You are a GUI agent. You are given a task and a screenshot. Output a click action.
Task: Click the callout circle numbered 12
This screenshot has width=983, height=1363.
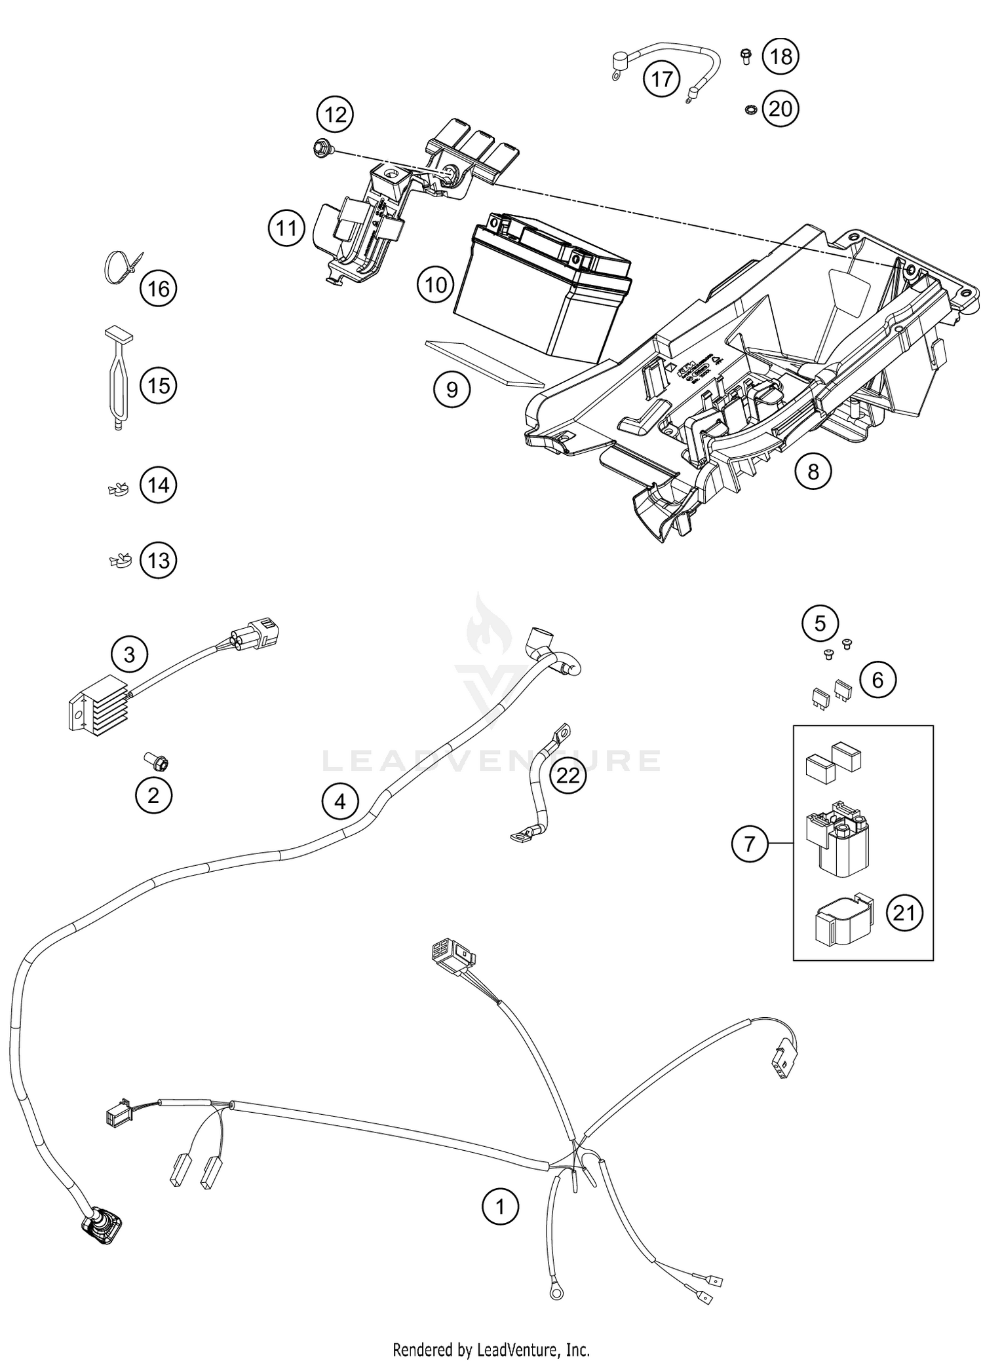click(x=335, y=115)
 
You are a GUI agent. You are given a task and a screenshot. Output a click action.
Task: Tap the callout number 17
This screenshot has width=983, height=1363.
click(x=661, y=79)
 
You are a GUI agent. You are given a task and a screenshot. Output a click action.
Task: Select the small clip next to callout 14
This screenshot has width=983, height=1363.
click(x=118, y=487)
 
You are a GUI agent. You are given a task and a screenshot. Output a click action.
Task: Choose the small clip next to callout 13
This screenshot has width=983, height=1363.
click(x=119, y=560)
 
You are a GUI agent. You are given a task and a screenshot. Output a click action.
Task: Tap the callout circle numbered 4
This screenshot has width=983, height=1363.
click(x=339, y=800)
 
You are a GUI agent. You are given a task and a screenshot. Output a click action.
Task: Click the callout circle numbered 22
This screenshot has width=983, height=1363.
click(x=568, y=775)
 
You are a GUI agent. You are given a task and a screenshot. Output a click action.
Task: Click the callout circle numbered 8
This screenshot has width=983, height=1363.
click(x=813, y=471)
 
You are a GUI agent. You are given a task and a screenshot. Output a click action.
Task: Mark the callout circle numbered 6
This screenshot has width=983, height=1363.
click(x=877, y=680)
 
